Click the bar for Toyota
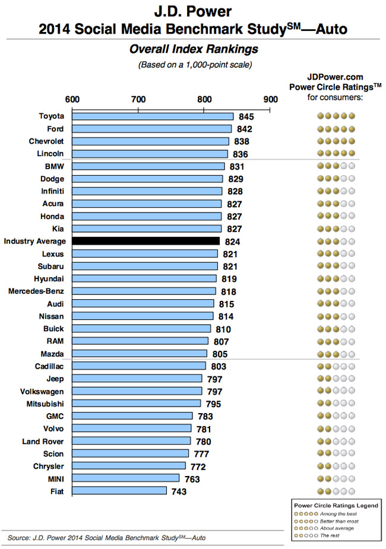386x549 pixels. coord(153,116)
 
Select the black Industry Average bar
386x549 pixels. coord(145,241)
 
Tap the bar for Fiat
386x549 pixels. coord(119,491)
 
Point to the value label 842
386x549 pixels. coord(245,129)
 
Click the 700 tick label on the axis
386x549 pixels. coord(138,99)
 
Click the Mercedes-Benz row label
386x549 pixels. coord(36,291)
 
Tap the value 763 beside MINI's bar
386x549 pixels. coord(191,479)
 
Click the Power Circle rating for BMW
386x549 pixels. coord(336,166)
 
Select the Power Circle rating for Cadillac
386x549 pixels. coord(336,366)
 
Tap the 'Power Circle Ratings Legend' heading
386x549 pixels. coord(336,504)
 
